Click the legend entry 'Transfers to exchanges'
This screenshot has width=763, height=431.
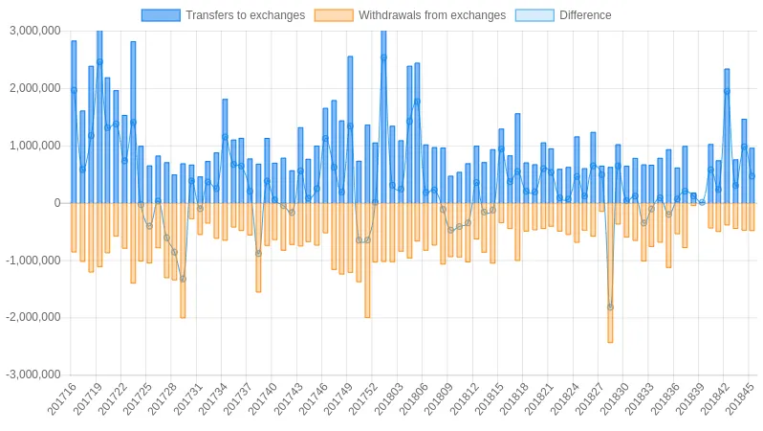pos(245,15)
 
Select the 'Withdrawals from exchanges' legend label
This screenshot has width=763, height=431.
pos(431,15)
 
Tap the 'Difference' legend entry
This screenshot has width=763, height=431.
pos(585,15)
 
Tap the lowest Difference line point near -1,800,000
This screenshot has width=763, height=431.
pos(610,307)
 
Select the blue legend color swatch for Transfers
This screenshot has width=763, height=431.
pos(160,15)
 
